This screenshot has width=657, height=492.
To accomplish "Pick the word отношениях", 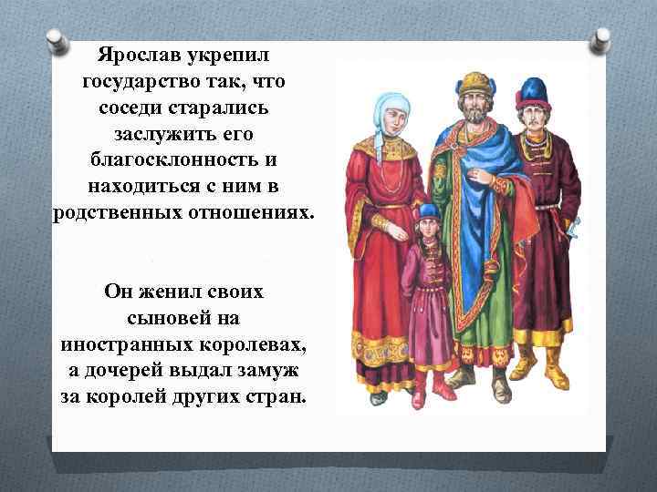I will click(236, 213).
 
